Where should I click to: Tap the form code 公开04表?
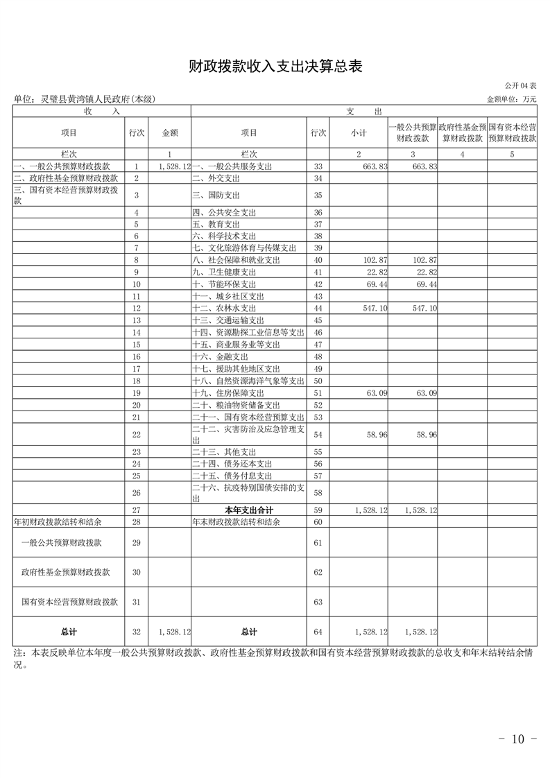tap(521, 86)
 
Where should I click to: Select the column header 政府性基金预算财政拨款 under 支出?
tap(462, 133)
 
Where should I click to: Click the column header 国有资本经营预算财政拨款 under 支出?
tap(512, 133)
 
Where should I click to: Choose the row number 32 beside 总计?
tap(137, 632)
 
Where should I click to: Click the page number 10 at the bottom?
tap(518, 739)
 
